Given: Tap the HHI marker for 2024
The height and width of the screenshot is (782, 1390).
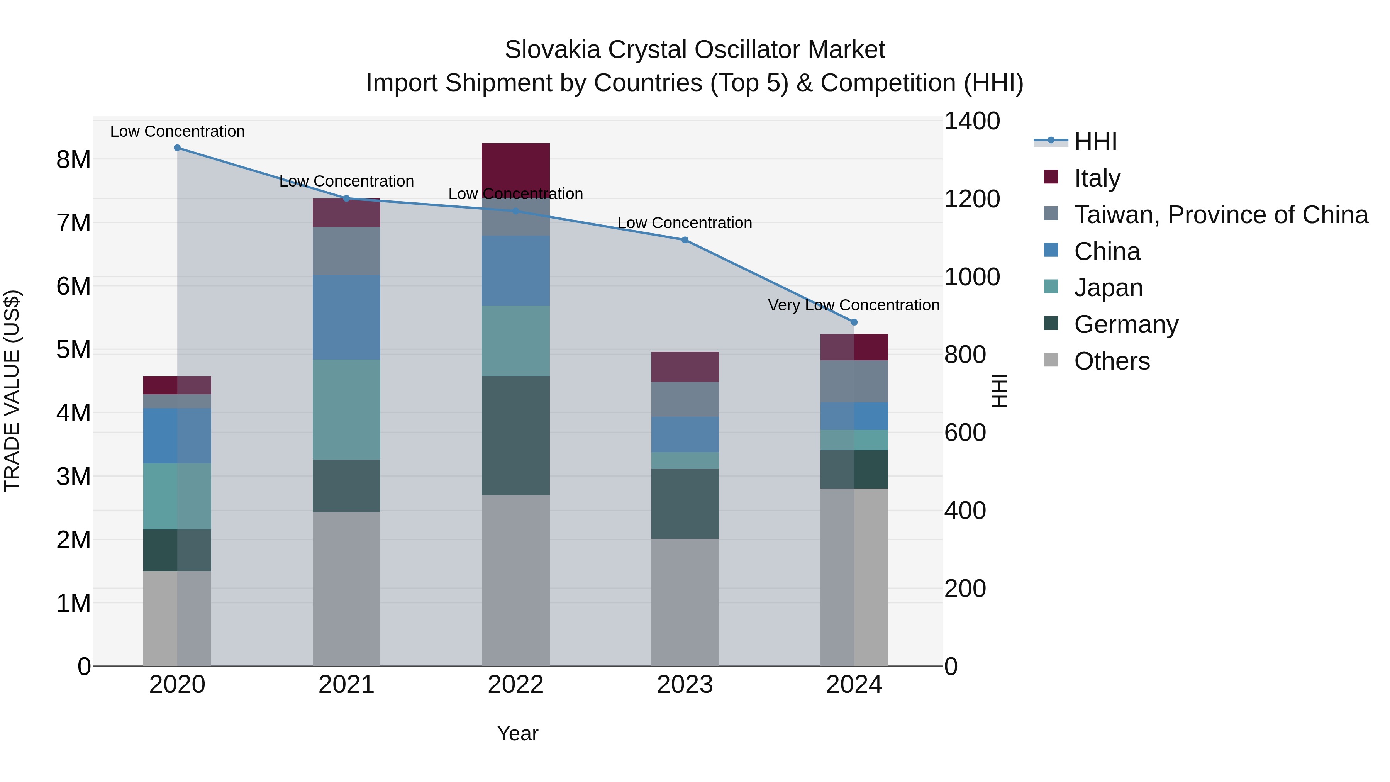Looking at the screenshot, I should pos(854,322).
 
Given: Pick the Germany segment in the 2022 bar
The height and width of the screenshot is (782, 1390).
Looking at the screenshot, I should pos(515,436).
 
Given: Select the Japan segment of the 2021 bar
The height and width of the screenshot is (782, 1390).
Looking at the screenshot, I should pos(346,410).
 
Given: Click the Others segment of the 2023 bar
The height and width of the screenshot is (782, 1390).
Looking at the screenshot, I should pos(685,602).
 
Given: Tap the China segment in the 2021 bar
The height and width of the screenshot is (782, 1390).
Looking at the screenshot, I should pos(346,317).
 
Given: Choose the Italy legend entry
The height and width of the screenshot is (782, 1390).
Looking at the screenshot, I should pos(1097,178).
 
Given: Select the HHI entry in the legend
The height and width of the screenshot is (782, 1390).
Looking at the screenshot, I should pos(1095,141).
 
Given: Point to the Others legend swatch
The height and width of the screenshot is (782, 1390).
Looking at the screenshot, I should pos(1051,360).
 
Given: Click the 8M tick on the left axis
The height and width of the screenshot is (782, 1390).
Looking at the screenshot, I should pos(73,160).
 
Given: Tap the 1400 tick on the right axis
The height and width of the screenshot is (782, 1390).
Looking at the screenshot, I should pos(971,121).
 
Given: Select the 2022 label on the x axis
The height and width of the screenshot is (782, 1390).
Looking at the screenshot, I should pos(515,685).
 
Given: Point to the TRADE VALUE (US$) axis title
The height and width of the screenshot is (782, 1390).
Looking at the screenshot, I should pos(12,391).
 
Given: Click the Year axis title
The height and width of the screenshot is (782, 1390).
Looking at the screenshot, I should pos(517,733).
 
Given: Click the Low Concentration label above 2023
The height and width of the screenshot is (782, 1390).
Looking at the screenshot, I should pos(684,223).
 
